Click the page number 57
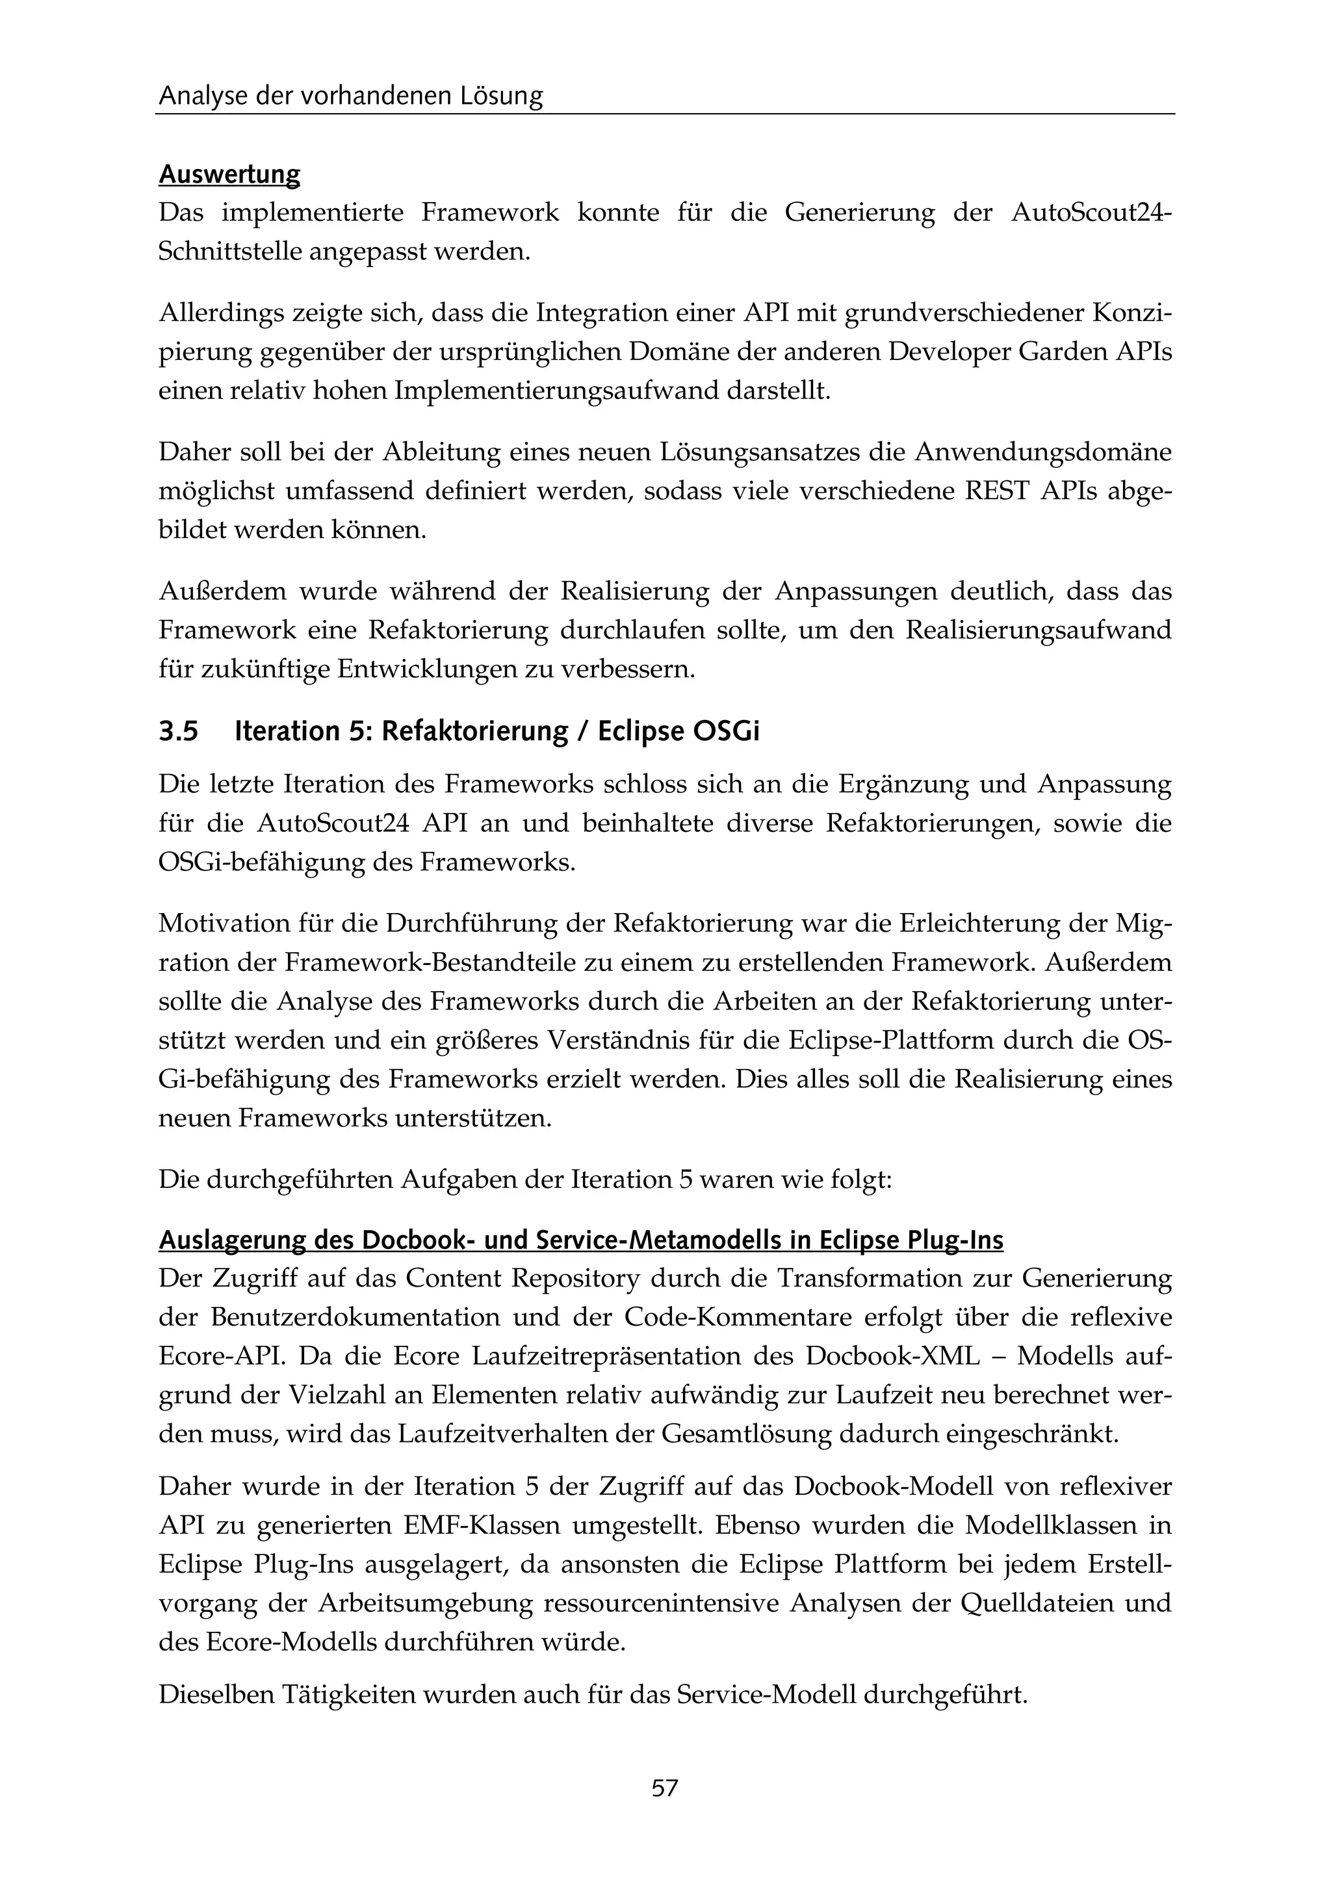click(x=665, y=1788)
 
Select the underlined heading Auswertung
click(x=229, y=175)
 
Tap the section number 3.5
click(x=179, y=731)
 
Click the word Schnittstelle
click(x=230, y=251)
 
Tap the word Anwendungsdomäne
click(x=1043, y=452)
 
